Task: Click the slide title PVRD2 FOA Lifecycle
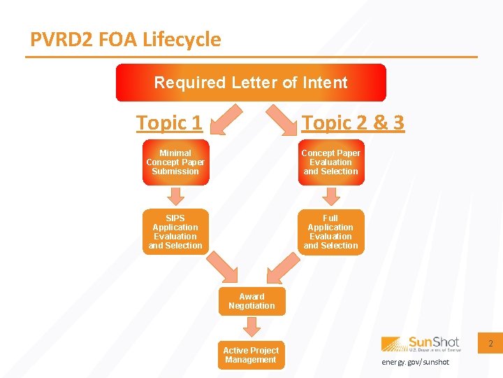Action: point(126,39)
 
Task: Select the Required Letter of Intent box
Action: point(251,83)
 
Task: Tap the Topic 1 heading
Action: point(169,123)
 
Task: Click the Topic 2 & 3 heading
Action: point(353,123)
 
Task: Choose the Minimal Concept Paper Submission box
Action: point(175,162)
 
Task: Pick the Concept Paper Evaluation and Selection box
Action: point(330,162)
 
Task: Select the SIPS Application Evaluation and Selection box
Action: point(175,232)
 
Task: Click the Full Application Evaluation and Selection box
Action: point(330,232)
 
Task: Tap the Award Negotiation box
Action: point(251,301)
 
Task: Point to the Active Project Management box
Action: point(251,355)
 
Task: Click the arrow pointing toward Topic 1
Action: point(226,119)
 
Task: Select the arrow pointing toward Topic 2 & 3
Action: point(279,119)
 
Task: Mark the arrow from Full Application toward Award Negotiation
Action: point(279,269)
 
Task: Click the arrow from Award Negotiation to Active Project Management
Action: point(251,326)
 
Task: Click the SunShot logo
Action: point(421,344)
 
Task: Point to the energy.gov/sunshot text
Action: point(416,362)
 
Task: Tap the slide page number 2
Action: point(490,344)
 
